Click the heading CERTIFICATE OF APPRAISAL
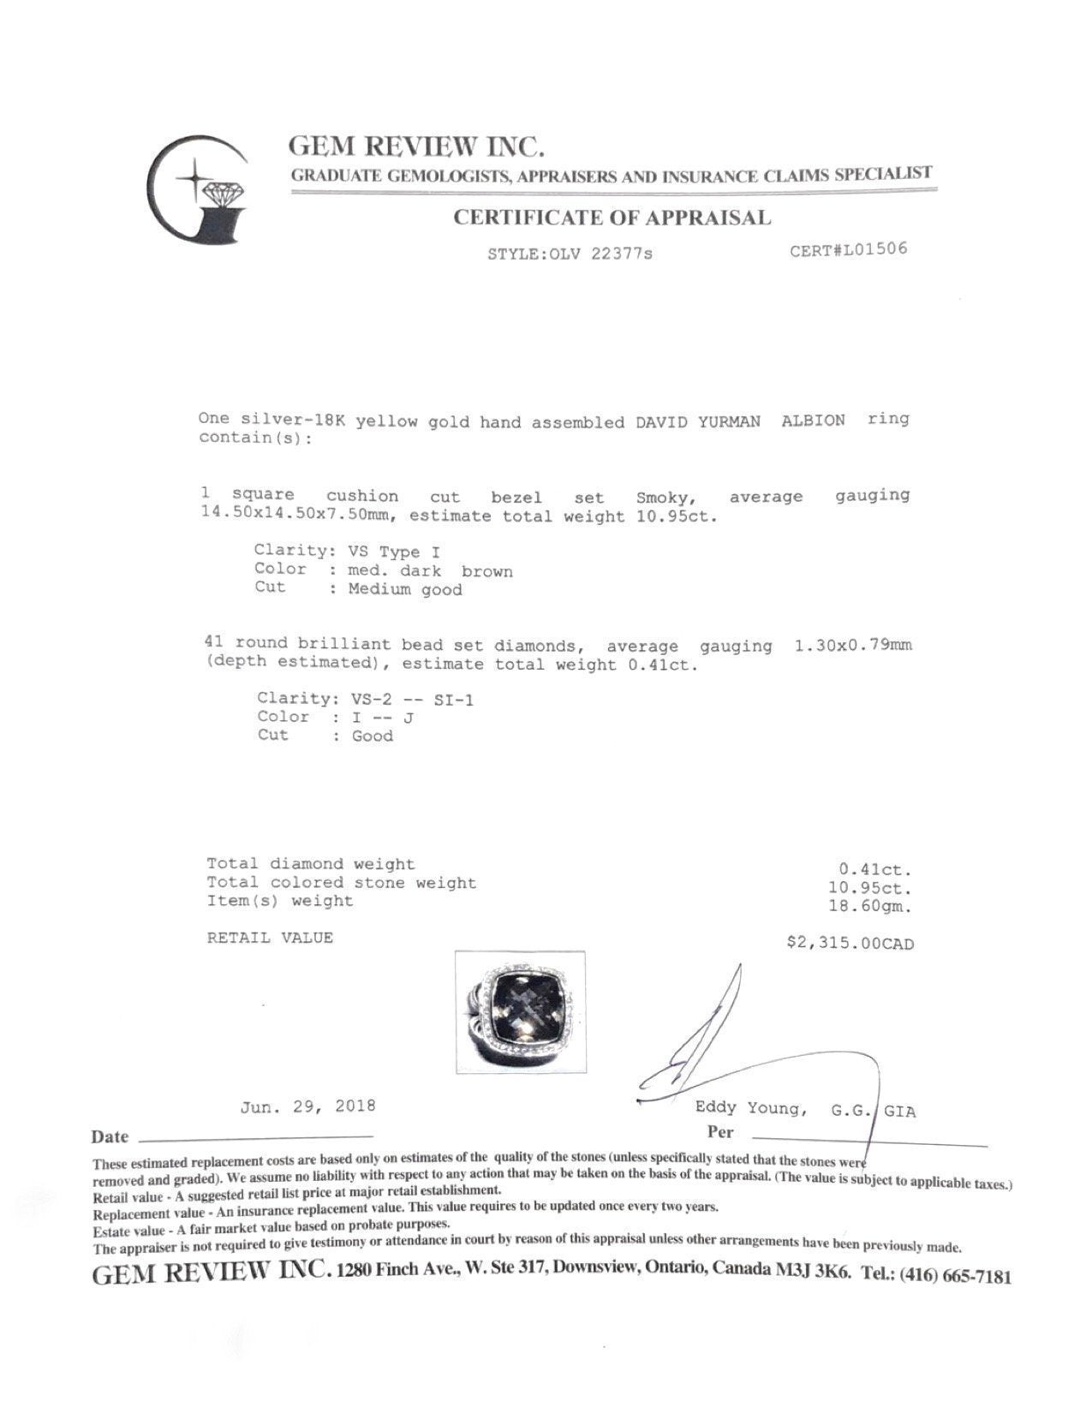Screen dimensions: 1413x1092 click(x=612, y=218)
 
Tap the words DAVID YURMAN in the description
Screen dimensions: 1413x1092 click(x=697, y=421)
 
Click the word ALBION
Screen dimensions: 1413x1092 click(x=813, y=420)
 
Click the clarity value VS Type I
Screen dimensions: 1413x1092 click(x=395, y=551)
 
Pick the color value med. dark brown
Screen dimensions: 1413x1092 click(x=430, y=571)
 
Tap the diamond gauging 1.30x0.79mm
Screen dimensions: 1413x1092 click(x=853, y=645)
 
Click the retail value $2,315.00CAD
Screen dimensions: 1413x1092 click(x=850, y=944)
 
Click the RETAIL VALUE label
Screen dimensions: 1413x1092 click(x=270, y=938)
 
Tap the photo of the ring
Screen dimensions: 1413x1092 click(x=520, y=1011)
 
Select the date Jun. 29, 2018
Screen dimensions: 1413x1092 click(x=307, y=1106)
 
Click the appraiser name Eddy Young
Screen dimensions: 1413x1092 click(x=749, y=1109)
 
